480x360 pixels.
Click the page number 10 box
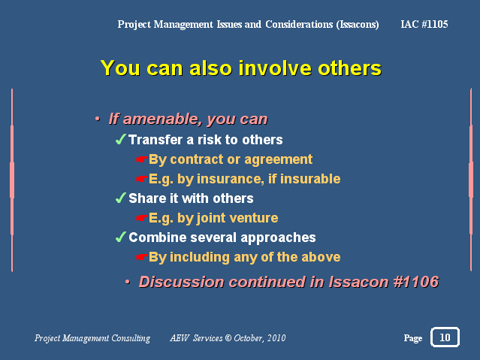(445, 337)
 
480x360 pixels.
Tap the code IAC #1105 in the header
(424, 24)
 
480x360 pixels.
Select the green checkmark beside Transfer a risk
(121, 139)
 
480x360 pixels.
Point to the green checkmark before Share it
(121, 198)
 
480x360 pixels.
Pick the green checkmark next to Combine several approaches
(121, 237)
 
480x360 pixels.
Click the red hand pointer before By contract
(142, 159)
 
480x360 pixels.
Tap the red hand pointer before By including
(142, 257)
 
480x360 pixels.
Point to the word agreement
(278, 159)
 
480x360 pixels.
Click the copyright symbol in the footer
(228, 338)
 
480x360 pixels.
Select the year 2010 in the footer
(276, 338)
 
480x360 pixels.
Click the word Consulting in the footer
(131, 338)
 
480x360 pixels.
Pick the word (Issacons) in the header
(358, 25)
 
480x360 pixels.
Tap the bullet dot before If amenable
(98, 119)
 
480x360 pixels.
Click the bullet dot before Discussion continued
(128, 282)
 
